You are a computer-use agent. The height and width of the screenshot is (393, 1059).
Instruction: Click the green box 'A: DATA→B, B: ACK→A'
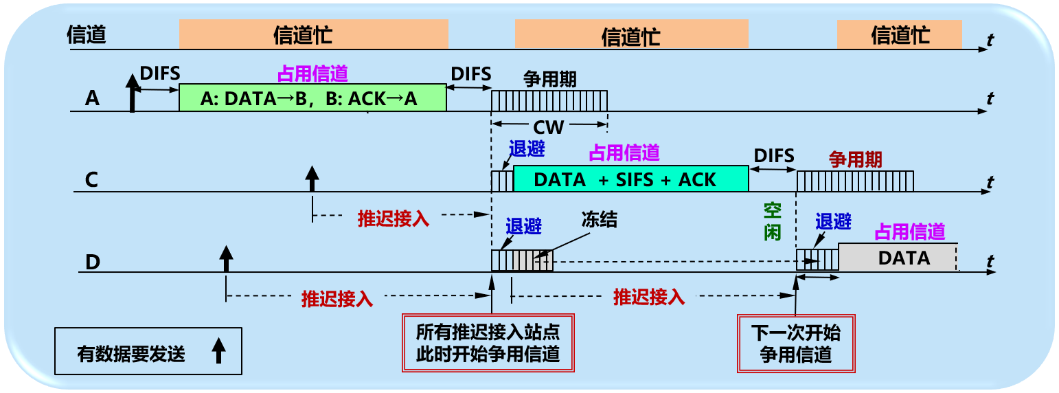coord(312,98)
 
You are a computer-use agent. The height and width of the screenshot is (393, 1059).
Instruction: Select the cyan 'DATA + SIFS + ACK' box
coord(630,179)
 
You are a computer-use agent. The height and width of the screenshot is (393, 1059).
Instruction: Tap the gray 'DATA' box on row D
coord(897,258)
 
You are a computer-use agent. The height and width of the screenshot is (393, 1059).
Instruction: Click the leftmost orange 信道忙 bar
coord(313,34)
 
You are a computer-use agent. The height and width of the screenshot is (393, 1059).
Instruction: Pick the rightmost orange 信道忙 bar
coord(899,34)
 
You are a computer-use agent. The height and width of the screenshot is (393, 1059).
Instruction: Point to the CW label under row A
coord(549,128)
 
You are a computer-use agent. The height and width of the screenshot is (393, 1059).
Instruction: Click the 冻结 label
coord(599,221)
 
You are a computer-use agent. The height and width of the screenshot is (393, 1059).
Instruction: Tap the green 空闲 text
coord(773,221)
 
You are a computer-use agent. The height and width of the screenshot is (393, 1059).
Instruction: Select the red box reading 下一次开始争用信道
coord(796,344)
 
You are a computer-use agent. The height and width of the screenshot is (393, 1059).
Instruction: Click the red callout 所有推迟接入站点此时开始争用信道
coord(488,344)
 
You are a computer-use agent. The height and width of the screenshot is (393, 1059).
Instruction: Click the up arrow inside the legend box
coord(218,351)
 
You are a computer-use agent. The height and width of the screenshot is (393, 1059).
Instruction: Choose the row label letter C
coord(91,180)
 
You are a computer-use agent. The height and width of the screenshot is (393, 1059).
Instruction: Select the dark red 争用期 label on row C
coord(855,159)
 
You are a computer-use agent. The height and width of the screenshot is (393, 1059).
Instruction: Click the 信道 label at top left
coord(87,35)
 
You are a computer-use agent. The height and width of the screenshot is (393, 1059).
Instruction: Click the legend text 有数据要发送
coord(131,354)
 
